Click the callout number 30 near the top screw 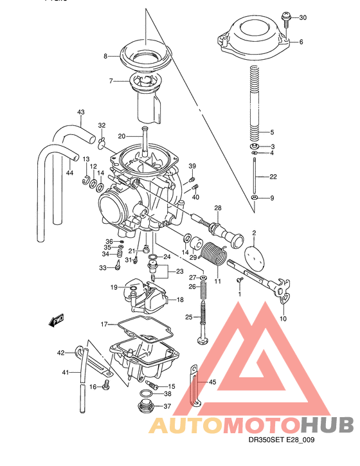(303, 17)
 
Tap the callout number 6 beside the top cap (300, 42)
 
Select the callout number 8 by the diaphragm (105, 57)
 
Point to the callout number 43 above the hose (81, 112)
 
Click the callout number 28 (217, 208)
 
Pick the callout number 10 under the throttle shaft (283, 318)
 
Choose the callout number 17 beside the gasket (104, 325)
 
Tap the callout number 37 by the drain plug (167, 406)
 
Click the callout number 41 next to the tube (64, 373)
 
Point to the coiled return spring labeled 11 (213, 256)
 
